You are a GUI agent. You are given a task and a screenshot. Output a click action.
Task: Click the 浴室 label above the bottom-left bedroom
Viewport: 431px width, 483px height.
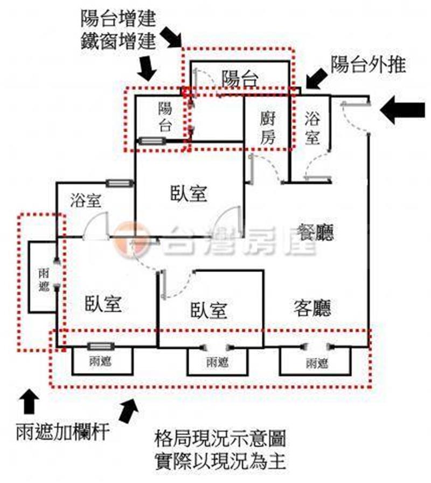pyautogui.click(x=85, y=201)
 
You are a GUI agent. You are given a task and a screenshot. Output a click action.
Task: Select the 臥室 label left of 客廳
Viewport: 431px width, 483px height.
pyautogui.click(x=208, y=310)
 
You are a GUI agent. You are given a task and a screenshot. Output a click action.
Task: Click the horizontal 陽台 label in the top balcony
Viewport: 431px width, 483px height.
pyautogui.click(x=239, y=79)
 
